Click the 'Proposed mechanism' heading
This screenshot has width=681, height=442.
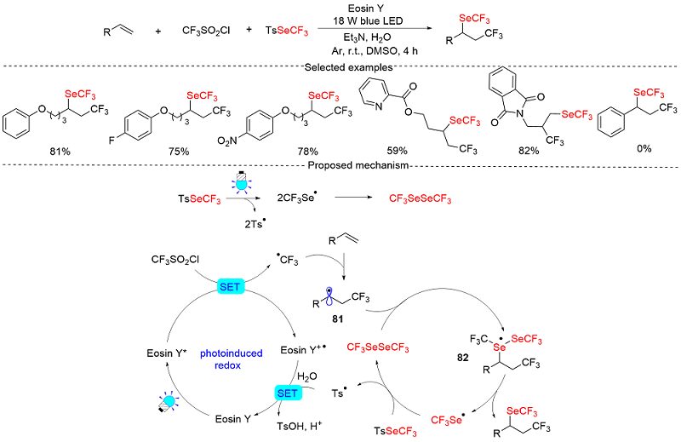click(x=340, y=165)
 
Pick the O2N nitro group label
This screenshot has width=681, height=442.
click(x=240, y=133)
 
